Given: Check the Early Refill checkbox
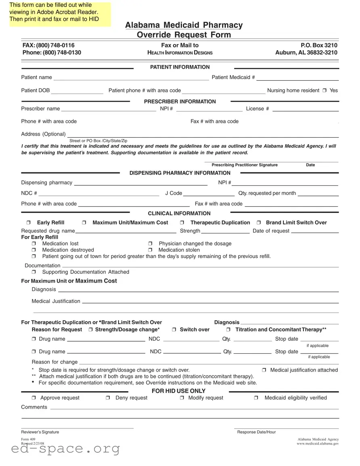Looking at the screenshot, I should coord(29,223).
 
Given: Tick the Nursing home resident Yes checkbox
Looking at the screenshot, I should coord(324,91).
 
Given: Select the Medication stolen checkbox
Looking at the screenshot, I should coord(150,250).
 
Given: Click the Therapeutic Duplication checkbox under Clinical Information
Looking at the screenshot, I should coord(182,223).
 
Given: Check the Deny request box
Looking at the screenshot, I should coord(108,398).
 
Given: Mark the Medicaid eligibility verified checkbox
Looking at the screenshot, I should coord(256,398).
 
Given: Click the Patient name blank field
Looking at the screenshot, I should coord(131,78).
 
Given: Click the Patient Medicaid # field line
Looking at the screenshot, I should coord(297,78).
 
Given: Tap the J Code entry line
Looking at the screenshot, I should coord(209,193).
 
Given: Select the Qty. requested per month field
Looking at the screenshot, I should coord(318,193).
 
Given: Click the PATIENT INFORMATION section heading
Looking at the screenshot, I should coord(180,67).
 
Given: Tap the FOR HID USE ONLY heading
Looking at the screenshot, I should coord(178,391).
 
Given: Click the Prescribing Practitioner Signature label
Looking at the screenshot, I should coord(245,165).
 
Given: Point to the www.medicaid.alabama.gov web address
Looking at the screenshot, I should coord(318,443).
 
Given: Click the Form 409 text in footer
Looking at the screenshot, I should coord(27,439).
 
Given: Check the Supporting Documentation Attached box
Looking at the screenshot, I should coord(34,272).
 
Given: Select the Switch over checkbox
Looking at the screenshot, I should coord(174,330).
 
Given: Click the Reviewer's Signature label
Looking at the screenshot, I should coord(40,432).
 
